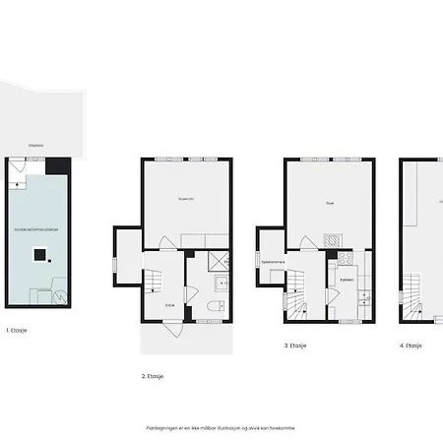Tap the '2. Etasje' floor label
coord(154,377)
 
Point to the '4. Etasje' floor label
coord(411,346)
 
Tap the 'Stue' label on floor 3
coord(330,205)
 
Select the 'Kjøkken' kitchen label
coord(348,279)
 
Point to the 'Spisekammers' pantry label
coord(273,262)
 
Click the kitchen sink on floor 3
coord(362,295)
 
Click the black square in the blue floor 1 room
coord(39,256)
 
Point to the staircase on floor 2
coord(156,285)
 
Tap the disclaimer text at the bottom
coord(220,428)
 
